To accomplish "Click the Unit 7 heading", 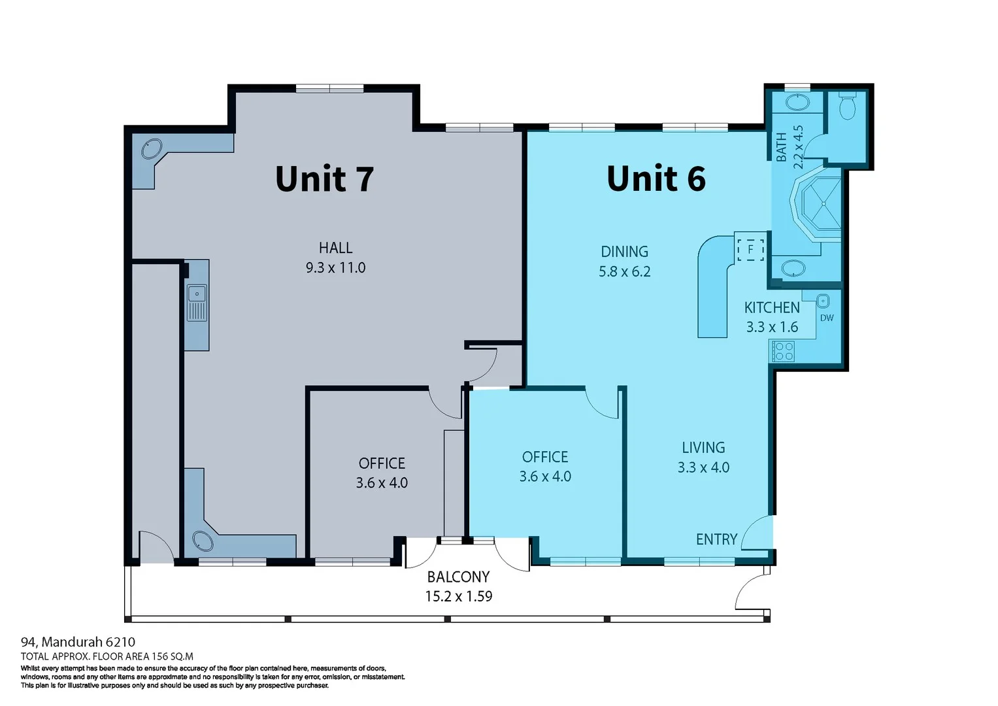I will (x=324, y=179).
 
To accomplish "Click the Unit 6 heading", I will (x=656, y=179).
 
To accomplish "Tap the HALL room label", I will (x=335, y=248).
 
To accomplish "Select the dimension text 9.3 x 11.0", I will (x=335, y=267).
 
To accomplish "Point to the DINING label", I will (x=624, y=252).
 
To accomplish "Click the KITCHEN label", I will (x=772, y=307).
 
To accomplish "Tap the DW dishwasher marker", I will (x=826, y=318).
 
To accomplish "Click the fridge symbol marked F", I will (x=750, y=249).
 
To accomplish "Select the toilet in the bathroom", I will (x=847, y=107).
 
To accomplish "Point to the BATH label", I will (x=782, y=147).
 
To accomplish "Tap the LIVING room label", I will (x=703, y=448).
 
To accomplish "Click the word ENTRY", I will (x=716, y=539).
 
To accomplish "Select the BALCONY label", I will (x=458, y=577).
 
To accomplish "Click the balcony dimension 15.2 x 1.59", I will (x=458, y=596).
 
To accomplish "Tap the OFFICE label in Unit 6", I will (x=544, y=457).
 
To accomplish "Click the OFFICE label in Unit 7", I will (x=382, y=463).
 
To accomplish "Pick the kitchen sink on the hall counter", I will (x=197, y=303).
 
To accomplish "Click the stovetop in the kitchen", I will (x=783, y=351).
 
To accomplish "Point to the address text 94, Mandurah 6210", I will (x=78, y=642).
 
